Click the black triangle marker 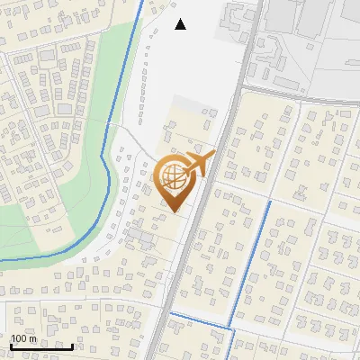[181, 24]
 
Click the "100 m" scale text [23, 338]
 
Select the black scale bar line [40, 346]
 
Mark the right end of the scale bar [73, 346]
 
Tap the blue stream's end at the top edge [142, 2]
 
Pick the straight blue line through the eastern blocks [251, 261]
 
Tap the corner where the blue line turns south [234, 328]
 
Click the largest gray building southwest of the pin [140, 236]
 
